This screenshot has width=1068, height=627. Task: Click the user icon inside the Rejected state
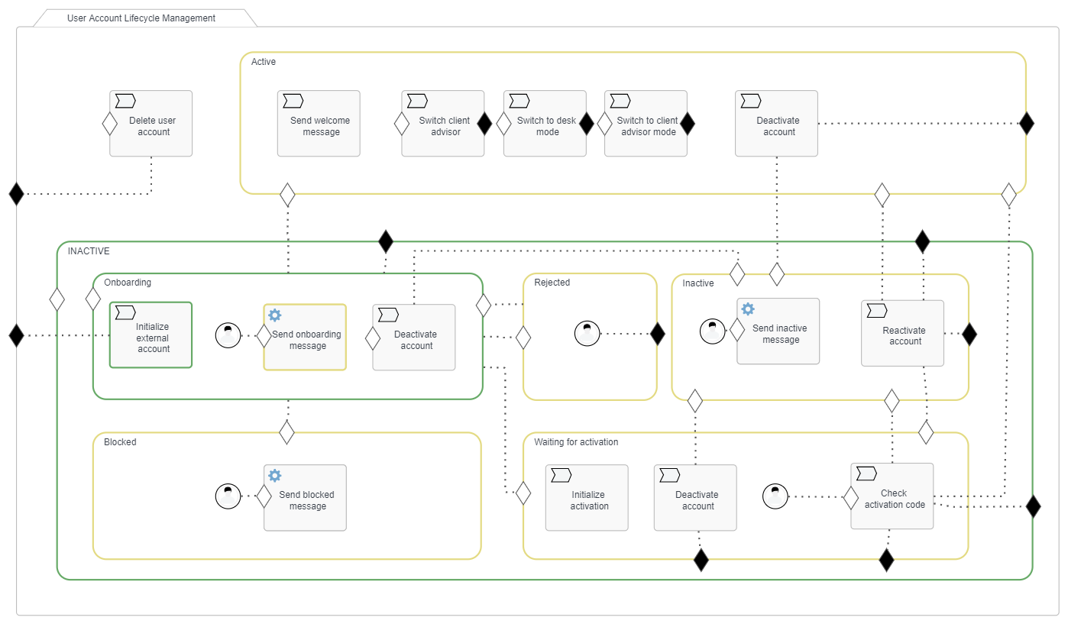[587, 334]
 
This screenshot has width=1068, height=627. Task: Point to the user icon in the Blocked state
[228, 496]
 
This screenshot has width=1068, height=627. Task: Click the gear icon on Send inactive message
[748, 309]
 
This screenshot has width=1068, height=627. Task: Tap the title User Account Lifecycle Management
[141, 18]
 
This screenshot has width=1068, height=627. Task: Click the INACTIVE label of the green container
[89, 250]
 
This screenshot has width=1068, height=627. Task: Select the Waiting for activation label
[576, 442]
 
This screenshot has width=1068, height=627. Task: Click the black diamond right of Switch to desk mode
[586, 124]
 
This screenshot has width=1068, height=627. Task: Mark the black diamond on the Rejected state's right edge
[657, 334]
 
